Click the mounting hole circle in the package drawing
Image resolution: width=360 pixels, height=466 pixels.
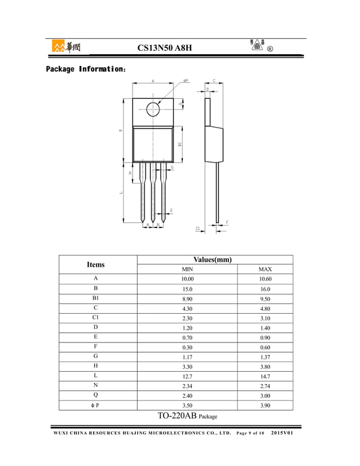click(x=153, y=109)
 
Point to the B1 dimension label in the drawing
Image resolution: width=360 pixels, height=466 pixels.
click(x=179, y=144)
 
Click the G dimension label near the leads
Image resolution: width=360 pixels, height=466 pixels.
click(x=172, y=168)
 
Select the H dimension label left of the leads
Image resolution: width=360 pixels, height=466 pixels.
click(x=130, y=173)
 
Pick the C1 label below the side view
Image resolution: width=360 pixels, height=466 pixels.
click(x=198, y=228)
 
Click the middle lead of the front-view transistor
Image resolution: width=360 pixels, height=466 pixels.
click(x=152, y=192)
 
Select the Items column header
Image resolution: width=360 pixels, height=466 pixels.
click(x=95, y=264)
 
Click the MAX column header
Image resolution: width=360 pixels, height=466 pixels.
click(x=265, y=269)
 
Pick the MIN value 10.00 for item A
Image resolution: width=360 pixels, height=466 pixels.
click(x=187, y=279)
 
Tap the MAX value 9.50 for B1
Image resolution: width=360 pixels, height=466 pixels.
click(x=265, y=298)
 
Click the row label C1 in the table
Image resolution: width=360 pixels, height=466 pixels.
click(x=95, y=318)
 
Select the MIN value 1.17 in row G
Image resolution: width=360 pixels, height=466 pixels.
click(x=187, y=357)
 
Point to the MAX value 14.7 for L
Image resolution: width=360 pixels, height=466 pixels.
click(x=265, y=376)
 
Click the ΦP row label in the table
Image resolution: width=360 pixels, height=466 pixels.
click(x=95, y=405)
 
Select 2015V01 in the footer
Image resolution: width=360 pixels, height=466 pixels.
click(x=286, y=433)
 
